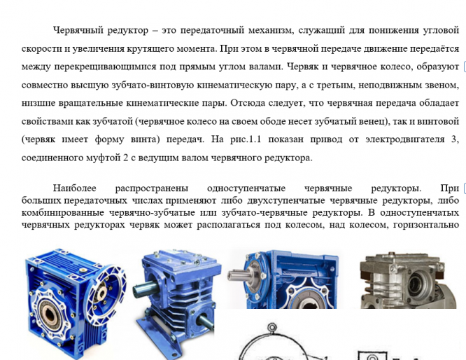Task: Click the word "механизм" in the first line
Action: coord(271,30)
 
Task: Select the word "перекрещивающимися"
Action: coord(105,67)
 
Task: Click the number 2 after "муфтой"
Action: coord(125,158)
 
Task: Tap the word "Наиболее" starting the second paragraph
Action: coord(75,188)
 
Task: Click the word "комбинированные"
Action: coord(63,213)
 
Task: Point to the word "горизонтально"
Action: coord(426,225)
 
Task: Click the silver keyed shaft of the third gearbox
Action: coord(239,275)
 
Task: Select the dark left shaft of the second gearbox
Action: coord(145,289)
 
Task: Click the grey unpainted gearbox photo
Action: coord(408,280)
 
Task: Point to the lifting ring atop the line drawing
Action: coord(271,327)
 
